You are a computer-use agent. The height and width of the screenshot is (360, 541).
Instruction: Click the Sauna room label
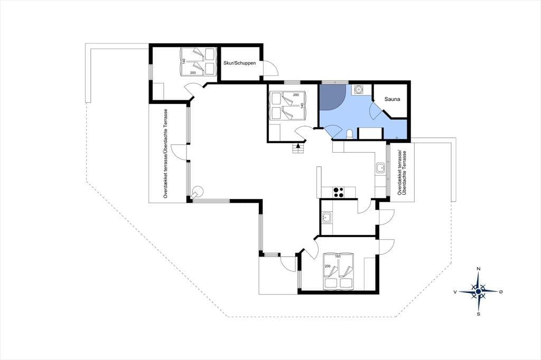[393, 99]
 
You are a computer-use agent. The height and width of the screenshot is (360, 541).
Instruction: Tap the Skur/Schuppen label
[240, 63]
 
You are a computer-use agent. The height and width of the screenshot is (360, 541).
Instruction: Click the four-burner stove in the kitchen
[338, 192]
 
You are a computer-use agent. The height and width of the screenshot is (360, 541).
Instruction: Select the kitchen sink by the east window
[380, 168]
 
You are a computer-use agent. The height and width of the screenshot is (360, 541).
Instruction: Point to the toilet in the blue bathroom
[350, 134]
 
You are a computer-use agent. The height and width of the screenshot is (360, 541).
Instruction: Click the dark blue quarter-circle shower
[331, 97]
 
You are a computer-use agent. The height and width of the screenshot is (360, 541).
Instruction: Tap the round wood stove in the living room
[198, 192]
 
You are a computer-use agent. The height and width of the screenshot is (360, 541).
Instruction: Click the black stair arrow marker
[298, 146]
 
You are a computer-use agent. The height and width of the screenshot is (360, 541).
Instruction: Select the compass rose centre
[478, 292]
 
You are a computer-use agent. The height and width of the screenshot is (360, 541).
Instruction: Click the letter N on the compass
[479, 269]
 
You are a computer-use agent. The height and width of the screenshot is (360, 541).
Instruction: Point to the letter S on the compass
[479, 314]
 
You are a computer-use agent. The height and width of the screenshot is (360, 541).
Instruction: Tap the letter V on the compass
[455, 292]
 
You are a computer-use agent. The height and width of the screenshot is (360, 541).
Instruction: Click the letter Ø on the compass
[501, 292]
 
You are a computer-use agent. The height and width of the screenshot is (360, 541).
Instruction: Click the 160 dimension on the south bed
[338, 256]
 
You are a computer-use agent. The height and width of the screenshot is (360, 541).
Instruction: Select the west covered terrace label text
[165, 154]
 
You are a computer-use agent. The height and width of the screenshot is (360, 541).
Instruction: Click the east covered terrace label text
[402, 173]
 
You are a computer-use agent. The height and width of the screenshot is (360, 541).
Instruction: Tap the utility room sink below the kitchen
[327, 218]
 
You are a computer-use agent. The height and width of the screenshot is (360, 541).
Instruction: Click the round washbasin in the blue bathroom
[359, 90]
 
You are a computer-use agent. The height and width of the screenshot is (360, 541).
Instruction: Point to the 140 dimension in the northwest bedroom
[184, 61]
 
